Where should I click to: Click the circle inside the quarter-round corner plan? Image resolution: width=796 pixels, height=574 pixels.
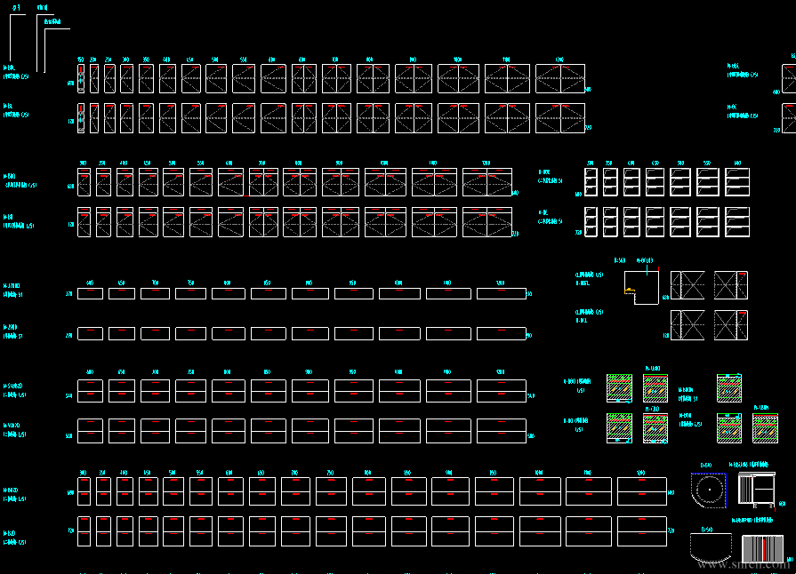pos(709,490)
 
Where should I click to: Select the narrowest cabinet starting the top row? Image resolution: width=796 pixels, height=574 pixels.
pos(80,78)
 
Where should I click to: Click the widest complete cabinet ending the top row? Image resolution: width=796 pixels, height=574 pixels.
pos(560,78)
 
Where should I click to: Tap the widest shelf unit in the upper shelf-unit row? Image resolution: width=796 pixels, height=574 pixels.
pos(737,182)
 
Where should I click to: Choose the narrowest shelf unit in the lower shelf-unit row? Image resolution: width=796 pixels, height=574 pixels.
pos(589,221)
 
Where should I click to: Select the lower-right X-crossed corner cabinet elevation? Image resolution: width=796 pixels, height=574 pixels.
pos(731,325)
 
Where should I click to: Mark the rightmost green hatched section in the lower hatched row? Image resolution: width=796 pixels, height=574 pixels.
pos(765,428)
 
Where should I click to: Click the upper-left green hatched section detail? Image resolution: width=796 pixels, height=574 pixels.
pos(619,388)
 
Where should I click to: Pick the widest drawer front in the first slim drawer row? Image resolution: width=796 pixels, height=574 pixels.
pos(502,293)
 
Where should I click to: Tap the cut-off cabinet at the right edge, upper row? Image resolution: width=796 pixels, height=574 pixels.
pos(789,78)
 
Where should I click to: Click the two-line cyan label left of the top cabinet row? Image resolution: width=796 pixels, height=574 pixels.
pos(16,71)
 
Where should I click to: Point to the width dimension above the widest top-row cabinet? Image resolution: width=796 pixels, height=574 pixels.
pos(559,60)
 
